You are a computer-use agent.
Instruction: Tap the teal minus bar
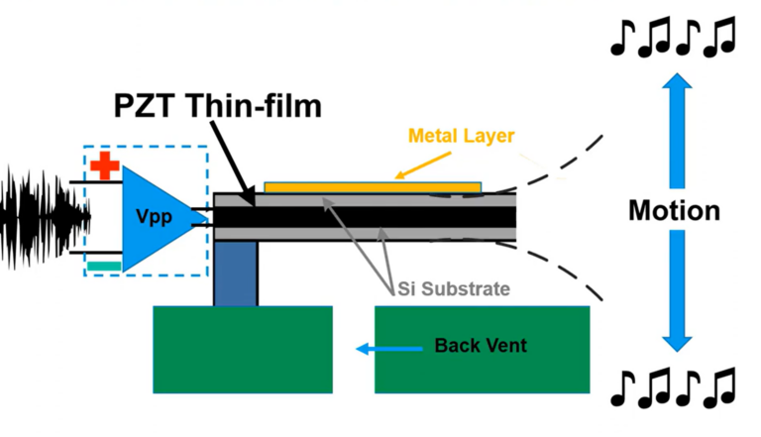pyautogui.click(x=104, y=265)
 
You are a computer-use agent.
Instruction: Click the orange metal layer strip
pyautogui.click(x=372, y=185)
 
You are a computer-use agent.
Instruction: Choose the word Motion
pyautogui.click(x=674, y=211)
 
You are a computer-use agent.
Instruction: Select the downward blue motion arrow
pyautogui.click(x=675, y=297)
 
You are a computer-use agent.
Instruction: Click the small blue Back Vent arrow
pyautogui.click(x=376, y=348)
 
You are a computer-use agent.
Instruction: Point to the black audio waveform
pyautogui.click(x=40, y=217)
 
